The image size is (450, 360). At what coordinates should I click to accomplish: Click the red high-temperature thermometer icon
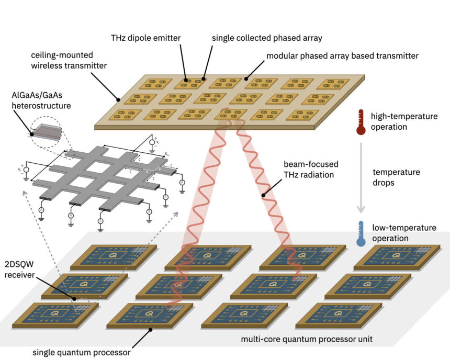pyautogui.click(x=361, y=121)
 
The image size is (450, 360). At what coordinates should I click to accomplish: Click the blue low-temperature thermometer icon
pyautogui.click(x=361, y=233)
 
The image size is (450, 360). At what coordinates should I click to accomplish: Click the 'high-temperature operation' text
pyautogui.click(x=404, y=121)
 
